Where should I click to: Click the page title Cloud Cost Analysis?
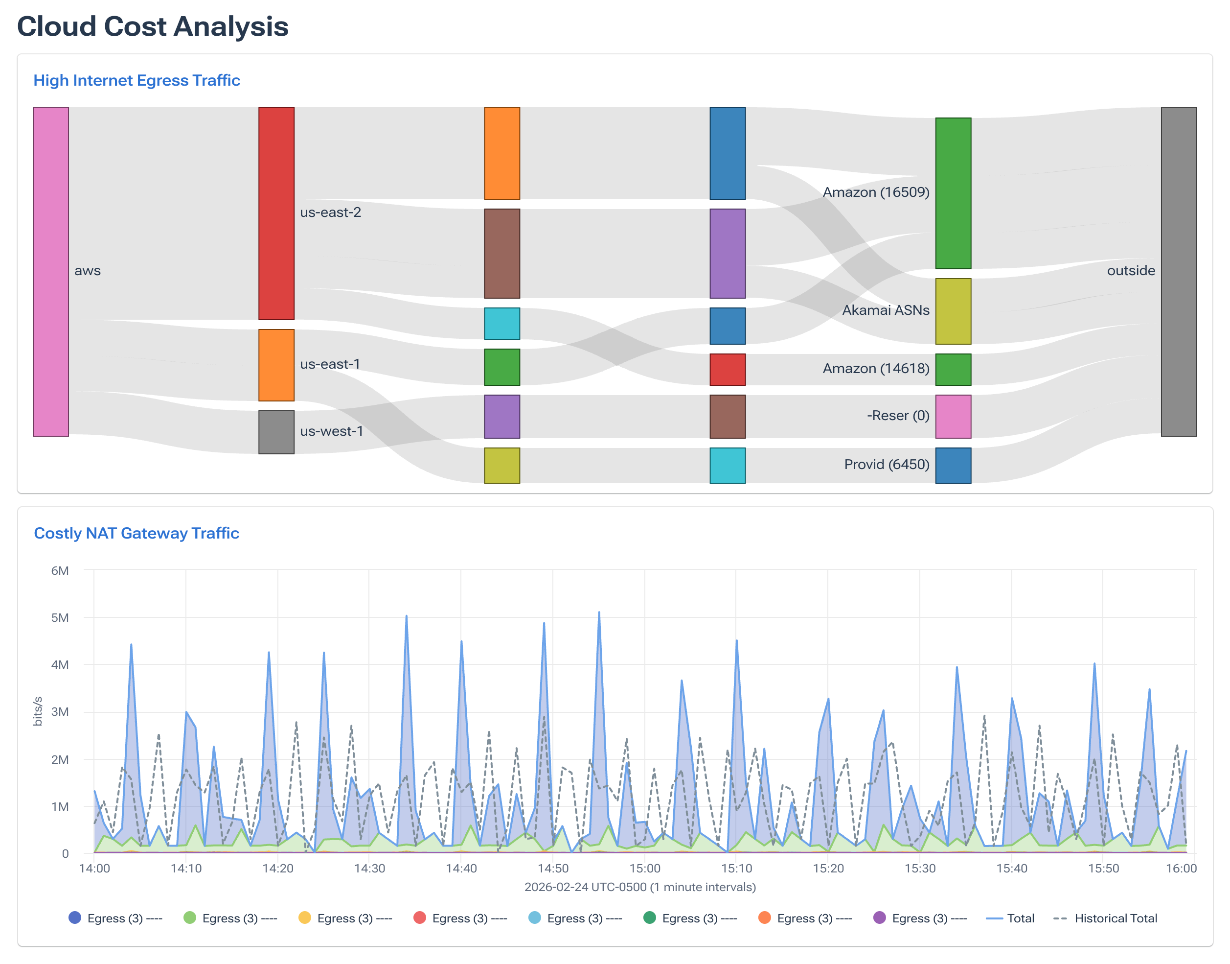pos(152,26)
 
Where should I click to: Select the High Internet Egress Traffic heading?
pos(137,80)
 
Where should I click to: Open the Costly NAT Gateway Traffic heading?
pos(137,533)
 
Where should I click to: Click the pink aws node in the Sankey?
pos(51,272)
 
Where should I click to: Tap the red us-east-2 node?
pos(276,213)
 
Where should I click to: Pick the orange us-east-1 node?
pos(276,365)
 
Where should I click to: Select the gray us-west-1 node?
pos(276,432)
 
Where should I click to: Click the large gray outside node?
pos(1178,272)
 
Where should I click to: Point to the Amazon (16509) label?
pos(875,192)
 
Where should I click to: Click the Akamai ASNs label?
pos(885,310)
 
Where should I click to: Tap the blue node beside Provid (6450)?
pos(953,465)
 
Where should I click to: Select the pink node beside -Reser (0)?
pos(953,417)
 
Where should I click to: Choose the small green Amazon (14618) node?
pos(953,369)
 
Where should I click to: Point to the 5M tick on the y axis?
pos(60,617)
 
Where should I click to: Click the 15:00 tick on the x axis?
pos(645,868)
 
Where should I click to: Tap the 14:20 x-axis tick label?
pos(277,868)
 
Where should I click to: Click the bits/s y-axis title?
pos(38,711)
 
